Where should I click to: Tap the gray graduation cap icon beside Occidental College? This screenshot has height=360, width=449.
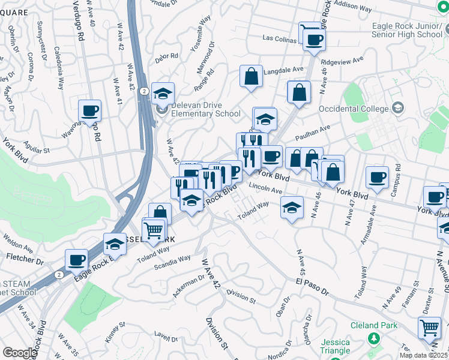397,108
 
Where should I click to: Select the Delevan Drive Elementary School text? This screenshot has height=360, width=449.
206,109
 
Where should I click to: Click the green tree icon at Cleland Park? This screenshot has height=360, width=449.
374,340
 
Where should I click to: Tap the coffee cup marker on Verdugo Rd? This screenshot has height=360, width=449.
89,110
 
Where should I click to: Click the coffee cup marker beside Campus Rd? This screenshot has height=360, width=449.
377,177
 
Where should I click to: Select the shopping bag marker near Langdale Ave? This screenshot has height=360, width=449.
252,76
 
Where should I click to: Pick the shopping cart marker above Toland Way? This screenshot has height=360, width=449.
154,229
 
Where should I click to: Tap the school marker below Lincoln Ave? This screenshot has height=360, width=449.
292,207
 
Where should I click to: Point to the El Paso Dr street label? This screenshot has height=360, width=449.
312,281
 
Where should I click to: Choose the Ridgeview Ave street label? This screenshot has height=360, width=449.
343,61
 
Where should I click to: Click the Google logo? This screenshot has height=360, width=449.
20,353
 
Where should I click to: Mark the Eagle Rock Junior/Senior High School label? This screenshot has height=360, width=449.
407,30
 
